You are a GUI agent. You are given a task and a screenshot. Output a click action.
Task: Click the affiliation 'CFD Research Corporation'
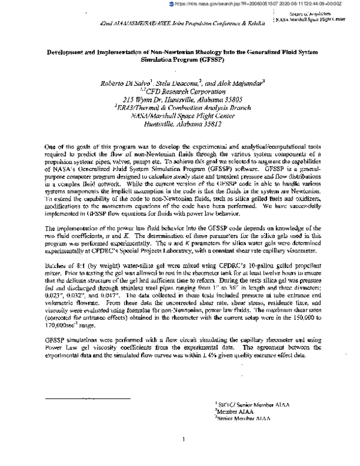pos(185,91)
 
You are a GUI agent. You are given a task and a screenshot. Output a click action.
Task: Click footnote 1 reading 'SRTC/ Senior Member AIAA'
pos(252,405)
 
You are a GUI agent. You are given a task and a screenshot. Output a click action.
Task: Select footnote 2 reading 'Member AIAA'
pos(236,412)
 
